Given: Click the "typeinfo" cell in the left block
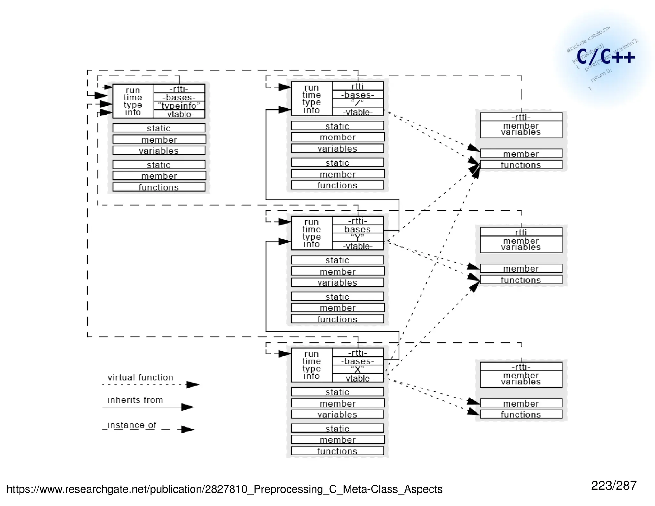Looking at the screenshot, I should (179, 106).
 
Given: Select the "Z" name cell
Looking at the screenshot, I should (358, 103).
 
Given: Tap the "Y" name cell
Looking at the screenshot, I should (358, 237).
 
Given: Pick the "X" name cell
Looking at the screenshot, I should (358, 369).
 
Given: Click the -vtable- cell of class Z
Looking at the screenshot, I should (358, 112).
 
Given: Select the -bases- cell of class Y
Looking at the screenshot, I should (358, 229).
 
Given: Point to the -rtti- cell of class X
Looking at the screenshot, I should (358, 352).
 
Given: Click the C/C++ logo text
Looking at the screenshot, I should (605, 57).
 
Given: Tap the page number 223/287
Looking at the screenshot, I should (613, 486).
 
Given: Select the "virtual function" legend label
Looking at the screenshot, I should (140, 377).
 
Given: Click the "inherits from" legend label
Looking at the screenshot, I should (135, 400).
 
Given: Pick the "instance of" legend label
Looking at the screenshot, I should (132, 425).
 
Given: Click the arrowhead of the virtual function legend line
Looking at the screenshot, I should (193, 384).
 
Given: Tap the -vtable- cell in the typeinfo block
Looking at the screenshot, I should (179, 114).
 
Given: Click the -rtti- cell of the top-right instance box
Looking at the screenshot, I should (521, 117).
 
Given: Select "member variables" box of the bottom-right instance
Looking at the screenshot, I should (521, 379).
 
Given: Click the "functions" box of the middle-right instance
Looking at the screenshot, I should (521, 280).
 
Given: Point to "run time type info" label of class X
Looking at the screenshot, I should (312, 365).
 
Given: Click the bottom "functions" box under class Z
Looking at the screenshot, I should (337, 185).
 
